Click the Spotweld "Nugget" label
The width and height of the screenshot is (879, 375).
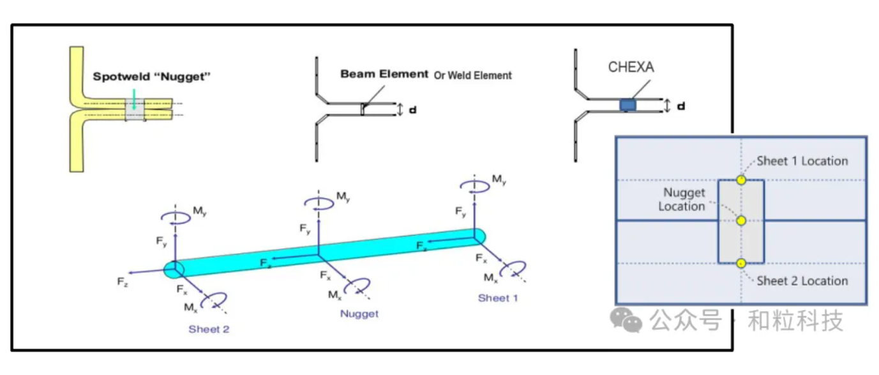click(x=151, y=77)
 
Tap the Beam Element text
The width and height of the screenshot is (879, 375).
click(x=384, y=74)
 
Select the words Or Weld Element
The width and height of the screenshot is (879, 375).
click(x=472, y=75)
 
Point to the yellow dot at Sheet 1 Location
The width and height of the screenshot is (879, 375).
click(x=740, y=180)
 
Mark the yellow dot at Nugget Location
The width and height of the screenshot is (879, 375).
click(x=740, y=220)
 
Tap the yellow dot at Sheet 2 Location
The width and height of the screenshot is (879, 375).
click(x=740, y=263)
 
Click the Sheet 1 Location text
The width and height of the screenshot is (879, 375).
click(x=802, y=161)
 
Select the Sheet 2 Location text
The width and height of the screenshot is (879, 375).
click(x=802, y=280)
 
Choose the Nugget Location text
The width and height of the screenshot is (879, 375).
click(x=682, y=199)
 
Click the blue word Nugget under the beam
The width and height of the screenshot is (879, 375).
click(x=359, y=314)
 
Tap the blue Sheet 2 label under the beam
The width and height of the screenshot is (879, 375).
click(x=208, y=330)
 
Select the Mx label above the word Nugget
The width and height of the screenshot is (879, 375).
click(x=334, y=295)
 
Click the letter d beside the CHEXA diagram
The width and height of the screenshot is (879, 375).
click(x=680, y=106)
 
